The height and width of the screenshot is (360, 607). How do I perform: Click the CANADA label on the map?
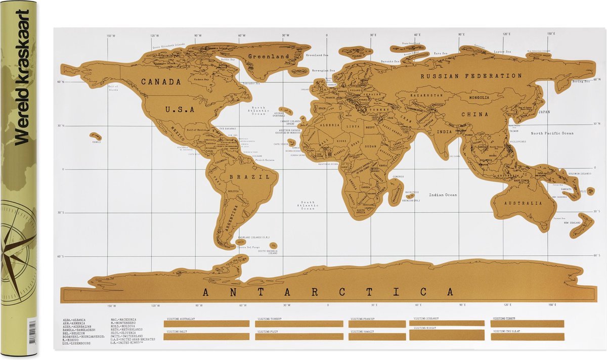(160, 81)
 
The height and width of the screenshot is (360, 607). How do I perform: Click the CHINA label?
(474, 114)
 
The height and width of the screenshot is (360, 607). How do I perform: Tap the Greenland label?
(268, 57)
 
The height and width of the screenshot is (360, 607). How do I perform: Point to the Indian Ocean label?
(443, 195)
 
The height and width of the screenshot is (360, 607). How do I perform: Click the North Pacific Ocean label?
(552, 133)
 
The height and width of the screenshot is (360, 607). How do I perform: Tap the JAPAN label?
(544, 112)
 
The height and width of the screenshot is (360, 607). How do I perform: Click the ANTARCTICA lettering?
(327, 292)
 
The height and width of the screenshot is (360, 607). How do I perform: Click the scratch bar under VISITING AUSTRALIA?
(206, 324)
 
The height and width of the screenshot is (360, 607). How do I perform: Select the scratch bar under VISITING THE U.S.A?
(527, 337)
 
